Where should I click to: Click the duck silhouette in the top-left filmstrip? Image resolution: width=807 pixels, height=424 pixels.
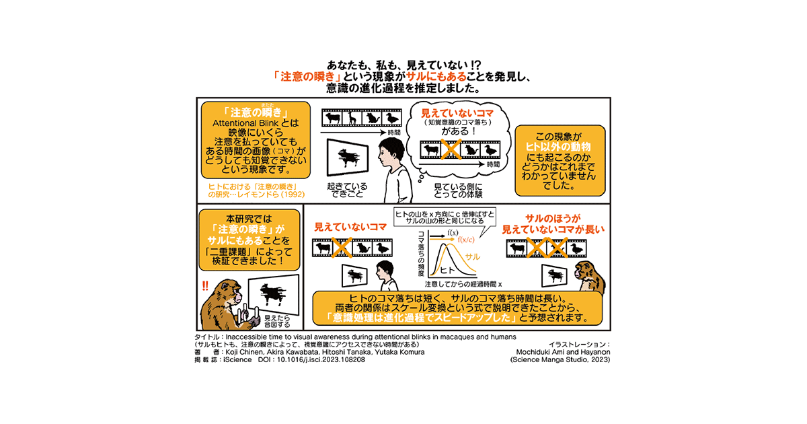tap(391, 119)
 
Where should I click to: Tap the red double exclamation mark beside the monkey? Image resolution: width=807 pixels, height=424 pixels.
tap(205, 286)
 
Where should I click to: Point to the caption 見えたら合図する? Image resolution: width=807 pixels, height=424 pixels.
tap(278, 319)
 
